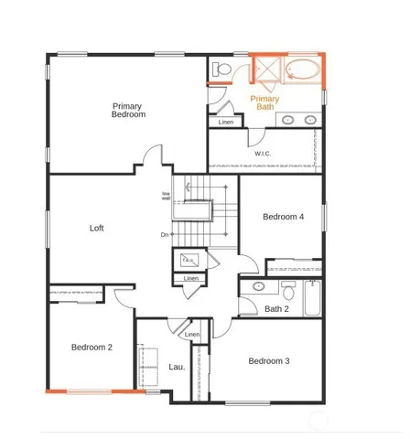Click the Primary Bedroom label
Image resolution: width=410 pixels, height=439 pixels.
point(128,111)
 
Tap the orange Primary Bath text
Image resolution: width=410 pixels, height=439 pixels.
point(264,102)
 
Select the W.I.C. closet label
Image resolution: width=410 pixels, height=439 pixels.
point(264,154)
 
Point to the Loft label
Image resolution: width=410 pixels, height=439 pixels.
point(96,228)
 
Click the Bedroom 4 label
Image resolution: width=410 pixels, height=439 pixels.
point(283,217)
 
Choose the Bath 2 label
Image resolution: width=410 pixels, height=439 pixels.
point(277,309)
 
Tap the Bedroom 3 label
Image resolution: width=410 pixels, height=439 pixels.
point(269,361)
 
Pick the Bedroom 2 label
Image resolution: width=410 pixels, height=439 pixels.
point(92,348)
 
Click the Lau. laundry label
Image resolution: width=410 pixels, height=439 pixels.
point(177,367)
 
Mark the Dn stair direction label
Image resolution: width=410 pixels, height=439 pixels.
point(165,235)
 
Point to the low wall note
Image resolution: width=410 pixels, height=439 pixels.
point(167,195)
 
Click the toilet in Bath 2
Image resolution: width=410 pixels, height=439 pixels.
point(287,292)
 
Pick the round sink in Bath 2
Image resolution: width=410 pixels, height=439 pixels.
point(258,286)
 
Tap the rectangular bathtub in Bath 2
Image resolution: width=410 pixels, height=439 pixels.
point(311,298)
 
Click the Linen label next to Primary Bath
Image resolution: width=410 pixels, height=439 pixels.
point(226,122)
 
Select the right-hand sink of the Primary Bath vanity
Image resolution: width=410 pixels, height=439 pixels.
point(309,120)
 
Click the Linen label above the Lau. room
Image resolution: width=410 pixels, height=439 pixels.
point(191,335)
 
